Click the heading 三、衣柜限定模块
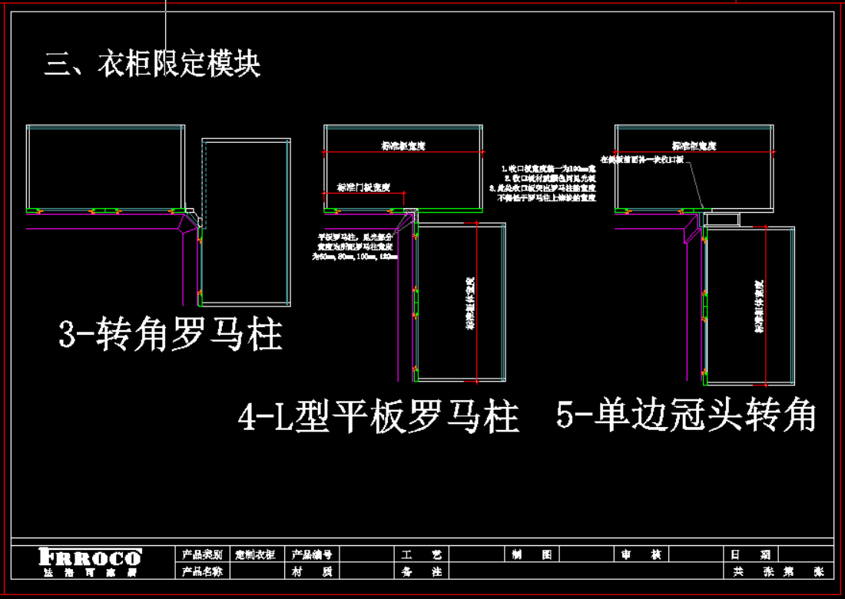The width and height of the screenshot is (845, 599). tap(152, 65)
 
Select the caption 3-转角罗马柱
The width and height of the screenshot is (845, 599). tap(171, 336)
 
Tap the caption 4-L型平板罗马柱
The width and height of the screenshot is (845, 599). tap(379, 419)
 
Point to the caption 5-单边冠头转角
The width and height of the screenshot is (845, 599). tap(686, 416)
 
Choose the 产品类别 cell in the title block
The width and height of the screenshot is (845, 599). tap(202, 554)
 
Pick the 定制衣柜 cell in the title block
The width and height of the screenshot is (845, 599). tap(255, 554)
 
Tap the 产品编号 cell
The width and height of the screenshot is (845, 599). tap(311, 554)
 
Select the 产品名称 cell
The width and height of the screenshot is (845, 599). tap(202, 571)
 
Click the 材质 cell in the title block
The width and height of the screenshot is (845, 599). tap(311, 571)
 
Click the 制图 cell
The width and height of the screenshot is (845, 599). tap(531, 554)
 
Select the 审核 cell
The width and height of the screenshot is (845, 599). tap(641, 554)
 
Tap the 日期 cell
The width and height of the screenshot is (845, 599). tap(751, 554)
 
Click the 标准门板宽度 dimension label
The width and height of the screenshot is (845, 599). tap(364, 187)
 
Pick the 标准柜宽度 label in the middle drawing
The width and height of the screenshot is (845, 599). tap(403, 145)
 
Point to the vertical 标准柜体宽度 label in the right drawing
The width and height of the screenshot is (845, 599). tap(759, 306)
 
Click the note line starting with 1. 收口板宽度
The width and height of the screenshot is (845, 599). tap(549, 167)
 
